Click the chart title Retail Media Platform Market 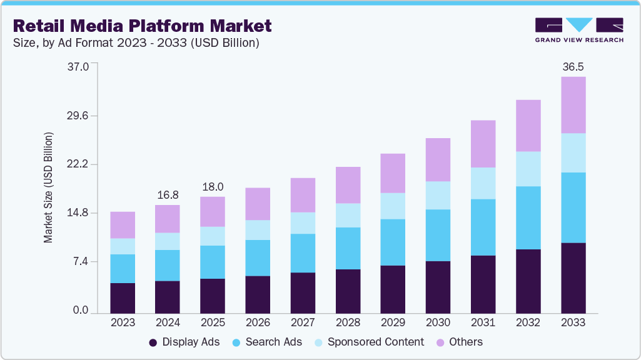click(x=142, y=26)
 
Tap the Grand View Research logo click(x=578, y=30)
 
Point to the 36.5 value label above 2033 click(x=573, y=66)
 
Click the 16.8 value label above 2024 click(x=168, y=194)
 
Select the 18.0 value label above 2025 click(x=213, y=186)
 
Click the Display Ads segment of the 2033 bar click(x=573, y=277)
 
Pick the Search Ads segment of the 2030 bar click(x=438, y=235)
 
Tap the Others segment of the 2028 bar click(x=348, y=185)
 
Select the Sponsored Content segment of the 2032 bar click(x=528, y=169)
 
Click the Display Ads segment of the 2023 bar click(x=123, y=297)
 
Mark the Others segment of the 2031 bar click(x=483, y=144)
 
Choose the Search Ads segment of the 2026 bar click(x=258, y=257)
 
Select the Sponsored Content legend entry click(x=369, y=342)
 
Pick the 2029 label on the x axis click(x=393, y=322)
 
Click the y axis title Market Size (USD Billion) click(x=48, y=187)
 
